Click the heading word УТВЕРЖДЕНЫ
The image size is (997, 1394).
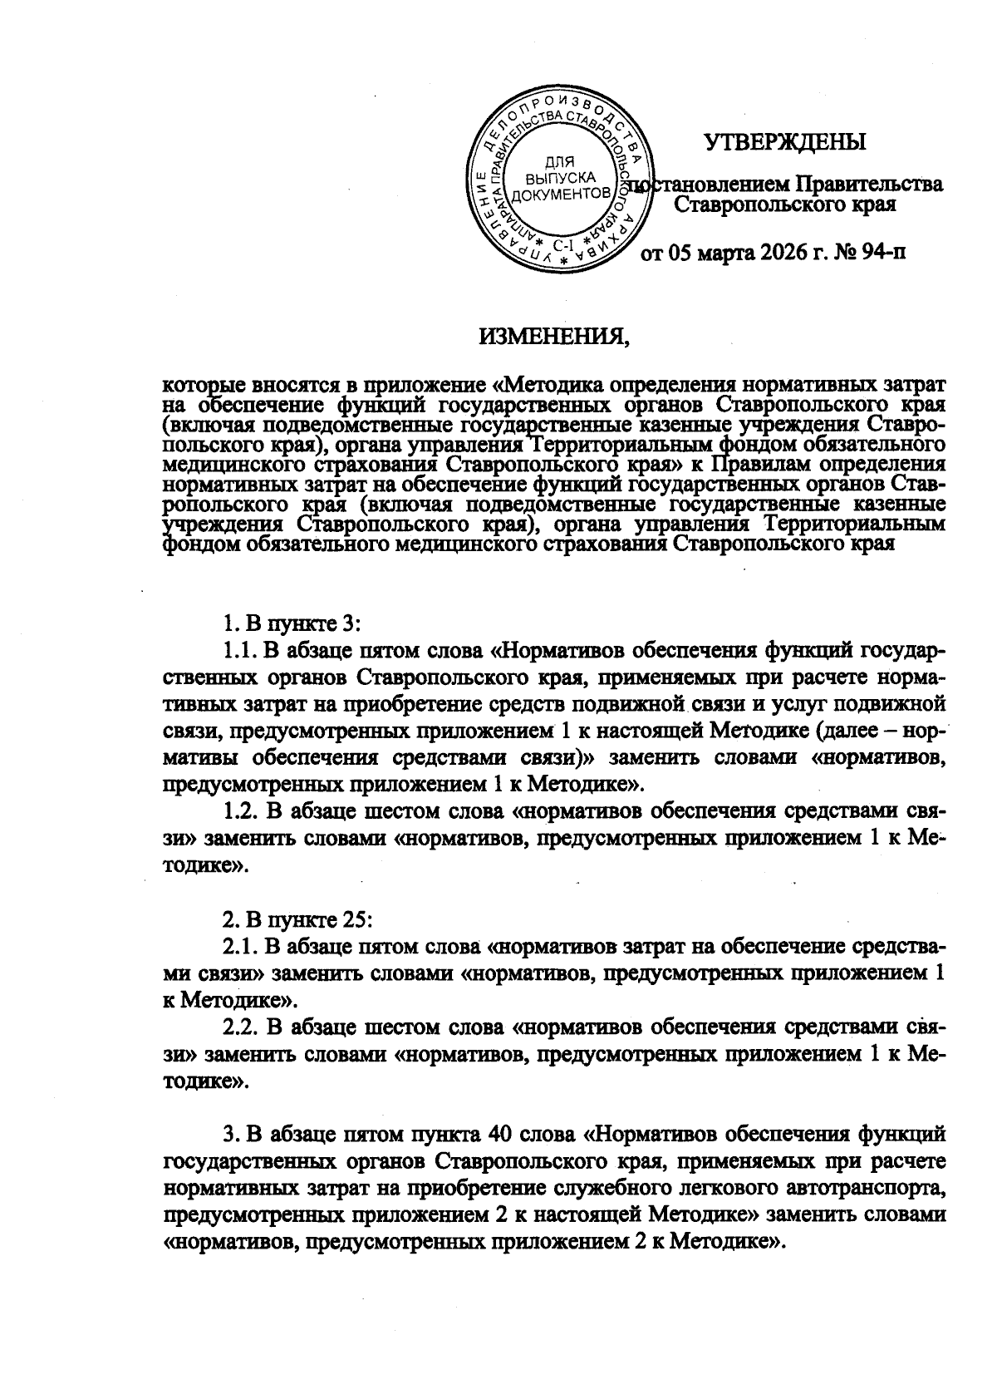[785, 142]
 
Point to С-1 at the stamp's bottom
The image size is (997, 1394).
[563, 246]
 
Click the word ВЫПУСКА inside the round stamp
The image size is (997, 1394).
[562, 178]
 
